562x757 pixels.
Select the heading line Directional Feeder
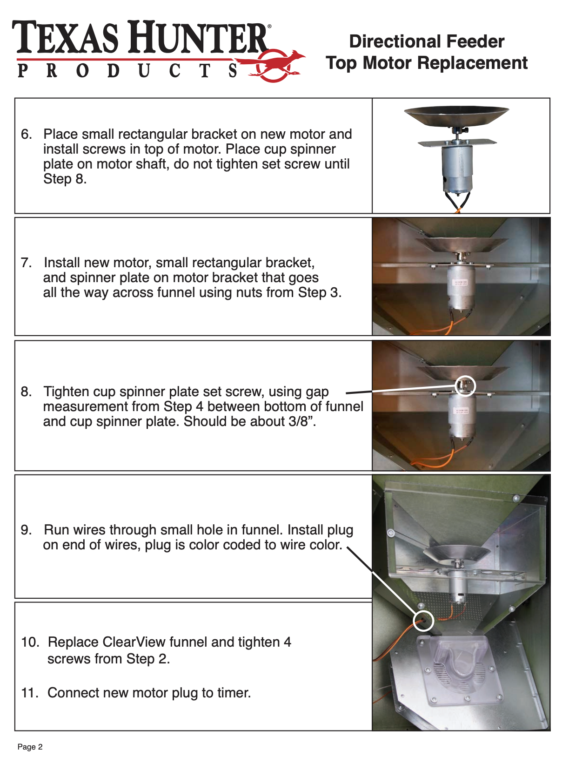pyautogui.click(x=427, y=41)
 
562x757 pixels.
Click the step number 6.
pyautogui.click(x=27, y=134)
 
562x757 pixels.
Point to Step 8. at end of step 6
pyautogui.click(x=65, y=179)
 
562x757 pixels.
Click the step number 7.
pyautogui.click(x=27, y=263)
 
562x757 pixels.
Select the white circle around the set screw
pyautogui.click(x=465, y=385)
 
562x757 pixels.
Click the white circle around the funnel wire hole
pyautogui.click(x=423, y=621)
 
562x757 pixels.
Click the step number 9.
pyautogui.click(x=27, y=530)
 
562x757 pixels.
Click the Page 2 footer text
pyautogui.click(x=30, y=747)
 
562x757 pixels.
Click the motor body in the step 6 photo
pyautogui.click(x=456, y=168)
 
